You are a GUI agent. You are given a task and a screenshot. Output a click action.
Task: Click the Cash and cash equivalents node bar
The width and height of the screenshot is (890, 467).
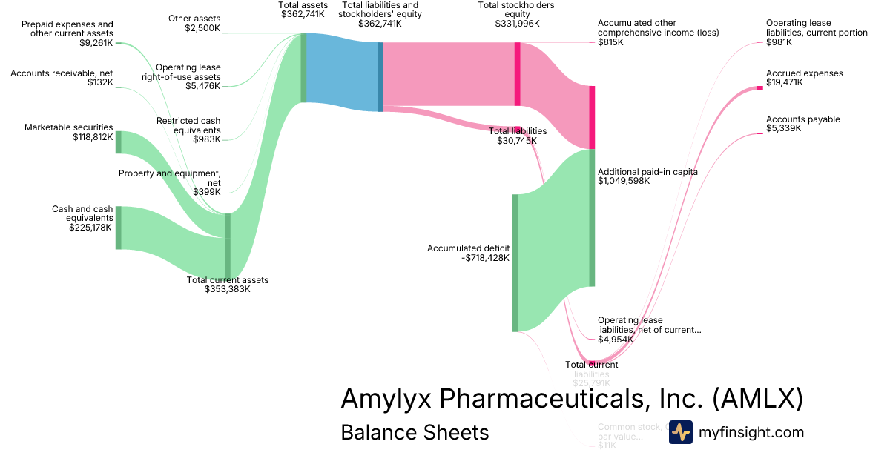tap(118, 228)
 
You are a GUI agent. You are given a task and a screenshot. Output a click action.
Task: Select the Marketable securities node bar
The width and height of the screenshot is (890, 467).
tap(118, 142)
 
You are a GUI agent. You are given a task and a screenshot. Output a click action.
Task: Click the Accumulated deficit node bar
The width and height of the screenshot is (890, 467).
tap(515, 262)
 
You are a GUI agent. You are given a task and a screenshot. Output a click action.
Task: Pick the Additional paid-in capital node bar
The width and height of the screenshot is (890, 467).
tap(592, 217)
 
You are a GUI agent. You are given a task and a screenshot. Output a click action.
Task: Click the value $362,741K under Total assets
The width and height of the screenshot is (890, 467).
tap(303, 14)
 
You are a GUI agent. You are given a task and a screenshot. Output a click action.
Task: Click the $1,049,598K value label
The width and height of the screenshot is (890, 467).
tap(624, 181)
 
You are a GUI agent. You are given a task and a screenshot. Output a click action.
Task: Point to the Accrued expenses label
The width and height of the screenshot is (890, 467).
tap(804, 73)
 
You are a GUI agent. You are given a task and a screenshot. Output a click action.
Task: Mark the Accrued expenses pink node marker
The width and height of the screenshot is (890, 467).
tap(759, 88)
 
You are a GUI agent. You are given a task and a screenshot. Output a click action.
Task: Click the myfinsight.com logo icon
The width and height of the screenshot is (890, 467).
tap(680, 432)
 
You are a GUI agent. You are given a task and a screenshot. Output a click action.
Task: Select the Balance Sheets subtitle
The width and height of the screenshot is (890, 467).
tap(415, 432)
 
